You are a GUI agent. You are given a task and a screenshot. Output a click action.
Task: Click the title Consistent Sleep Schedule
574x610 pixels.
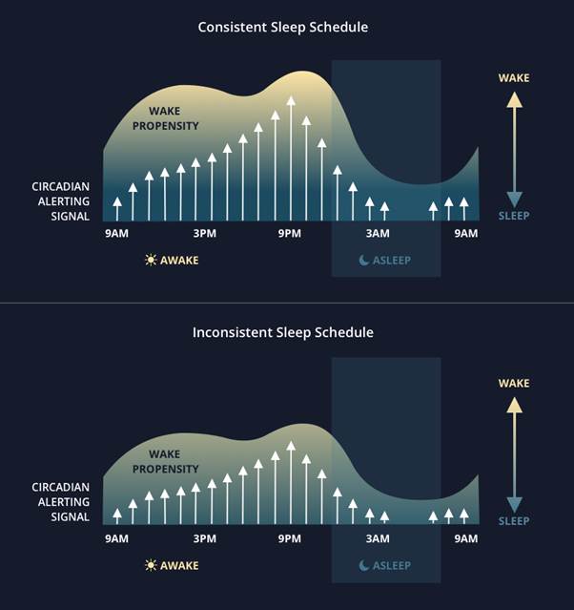point(282,27)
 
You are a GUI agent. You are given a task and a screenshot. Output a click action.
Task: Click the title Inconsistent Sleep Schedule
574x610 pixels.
point(282,332)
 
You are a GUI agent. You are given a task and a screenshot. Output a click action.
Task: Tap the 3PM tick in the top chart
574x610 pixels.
point(204,234)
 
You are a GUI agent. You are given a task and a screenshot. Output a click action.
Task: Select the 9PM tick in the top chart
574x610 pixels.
point(290,234)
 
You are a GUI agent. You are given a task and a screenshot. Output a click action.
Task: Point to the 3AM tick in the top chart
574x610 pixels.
point(378,234)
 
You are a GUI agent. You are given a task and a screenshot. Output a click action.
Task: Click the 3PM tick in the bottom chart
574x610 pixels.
point(204,538)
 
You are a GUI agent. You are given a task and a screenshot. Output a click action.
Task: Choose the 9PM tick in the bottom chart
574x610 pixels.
point(290,538)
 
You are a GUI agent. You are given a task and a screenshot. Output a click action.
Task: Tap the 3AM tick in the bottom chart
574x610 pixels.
point(378,538)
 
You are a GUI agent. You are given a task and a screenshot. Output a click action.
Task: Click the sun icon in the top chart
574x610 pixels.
point(150,260)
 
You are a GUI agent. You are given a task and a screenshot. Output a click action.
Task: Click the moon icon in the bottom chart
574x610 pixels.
point(364,565)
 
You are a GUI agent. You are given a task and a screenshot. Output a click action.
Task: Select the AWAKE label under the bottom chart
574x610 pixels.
point(179,565)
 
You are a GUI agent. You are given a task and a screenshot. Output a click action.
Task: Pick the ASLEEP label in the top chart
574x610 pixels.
point(392,260)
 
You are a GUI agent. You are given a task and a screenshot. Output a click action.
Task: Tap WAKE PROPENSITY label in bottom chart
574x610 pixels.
point(166,462)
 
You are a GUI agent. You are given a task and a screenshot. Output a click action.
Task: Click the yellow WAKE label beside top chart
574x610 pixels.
point(514,78)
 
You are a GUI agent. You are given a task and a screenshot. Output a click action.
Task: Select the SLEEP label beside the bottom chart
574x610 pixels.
point(514,522)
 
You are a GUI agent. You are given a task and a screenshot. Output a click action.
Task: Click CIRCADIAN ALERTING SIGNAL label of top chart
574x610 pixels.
point(61,201)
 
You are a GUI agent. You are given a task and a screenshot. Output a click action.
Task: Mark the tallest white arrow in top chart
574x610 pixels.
point(291,158)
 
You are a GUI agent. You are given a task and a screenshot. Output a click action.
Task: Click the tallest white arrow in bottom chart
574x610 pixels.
point(291,482)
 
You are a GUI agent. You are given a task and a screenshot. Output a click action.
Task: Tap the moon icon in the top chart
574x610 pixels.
point(364,260)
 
